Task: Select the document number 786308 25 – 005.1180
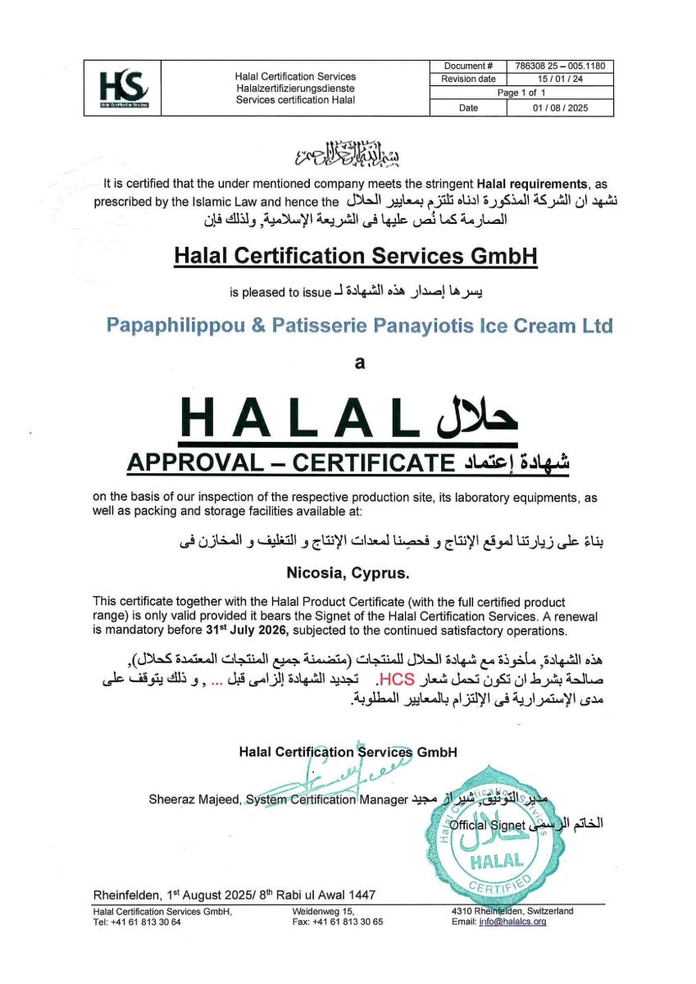coord(561,66)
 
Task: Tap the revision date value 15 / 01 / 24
coord(561,79)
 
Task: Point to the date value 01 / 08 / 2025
coord(561,107)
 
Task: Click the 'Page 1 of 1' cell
coord(521,93)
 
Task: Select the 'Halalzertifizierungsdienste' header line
coord(295,88)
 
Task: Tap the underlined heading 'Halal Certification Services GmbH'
coord(356,256)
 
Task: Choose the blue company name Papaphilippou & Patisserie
coord(359,326)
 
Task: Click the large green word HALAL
coord(303,418)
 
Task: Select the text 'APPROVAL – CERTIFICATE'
coord(290,463)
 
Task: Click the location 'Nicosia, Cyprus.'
coord(348,569)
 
